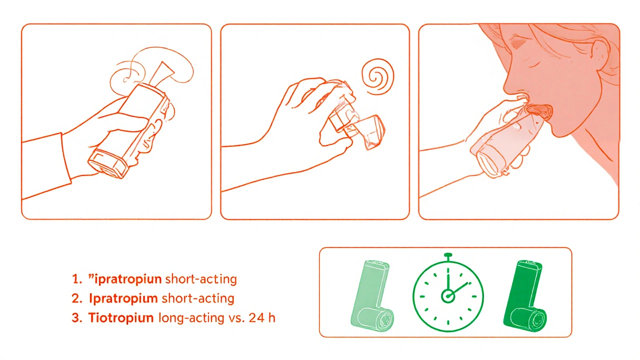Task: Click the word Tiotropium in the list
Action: [121, 317]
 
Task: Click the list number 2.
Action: [77, 298]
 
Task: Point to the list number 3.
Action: [77, 318]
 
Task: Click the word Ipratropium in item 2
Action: [123, 298]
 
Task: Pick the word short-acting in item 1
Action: [201, 279]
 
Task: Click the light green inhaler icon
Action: [371, 295]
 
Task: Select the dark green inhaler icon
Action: [524, 296]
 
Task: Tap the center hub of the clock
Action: [447, 296]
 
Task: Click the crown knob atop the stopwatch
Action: [448, 255]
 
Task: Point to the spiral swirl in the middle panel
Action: [377, 76]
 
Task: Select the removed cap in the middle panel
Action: [370, 132]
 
